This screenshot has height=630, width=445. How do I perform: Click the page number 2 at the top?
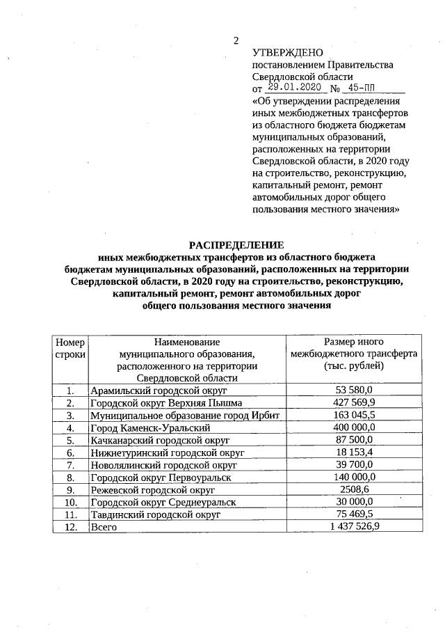pos(236,41)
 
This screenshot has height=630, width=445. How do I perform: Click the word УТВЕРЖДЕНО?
pos(287,52)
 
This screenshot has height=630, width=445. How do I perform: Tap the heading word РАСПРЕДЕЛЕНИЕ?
pos(237,244)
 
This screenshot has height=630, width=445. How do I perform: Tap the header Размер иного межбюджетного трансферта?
pos(354,354)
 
